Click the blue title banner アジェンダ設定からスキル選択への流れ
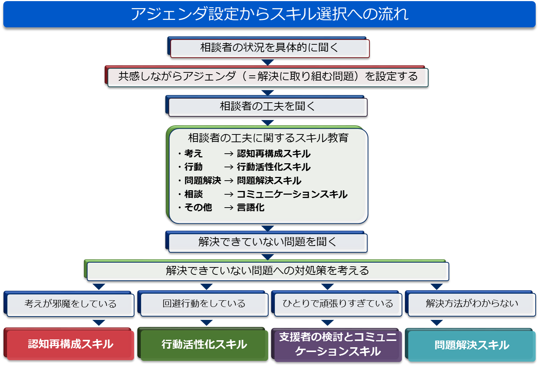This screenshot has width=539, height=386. point(269,14)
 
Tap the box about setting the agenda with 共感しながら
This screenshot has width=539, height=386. point(267,76)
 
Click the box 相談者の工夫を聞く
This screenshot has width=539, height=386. point(267,106)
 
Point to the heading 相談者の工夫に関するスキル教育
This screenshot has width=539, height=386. point(268,138)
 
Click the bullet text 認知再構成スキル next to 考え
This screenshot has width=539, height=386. point(274,154)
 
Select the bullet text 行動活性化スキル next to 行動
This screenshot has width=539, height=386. point(274,167)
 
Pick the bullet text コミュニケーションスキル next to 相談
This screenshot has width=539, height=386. point(292,194)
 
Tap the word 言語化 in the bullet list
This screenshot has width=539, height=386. point(251,207)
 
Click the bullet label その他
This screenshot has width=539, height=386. point(198,207)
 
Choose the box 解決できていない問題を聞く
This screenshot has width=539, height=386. point(267,242)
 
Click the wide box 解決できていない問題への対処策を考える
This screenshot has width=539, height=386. point(267,270)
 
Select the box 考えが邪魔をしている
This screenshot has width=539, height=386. point(69,304)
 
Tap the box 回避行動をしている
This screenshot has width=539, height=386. point(203,303)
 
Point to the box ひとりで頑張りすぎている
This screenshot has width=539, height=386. point(337,303)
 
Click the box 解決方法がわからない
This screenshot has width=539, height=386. point(470,303)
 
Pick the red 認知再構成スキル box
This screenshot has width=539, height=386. point(69,344)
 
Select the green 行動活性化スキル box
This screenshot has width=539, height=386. point(203,344)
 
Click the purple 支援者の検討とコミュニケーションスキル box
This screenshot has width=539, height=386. point(337,345)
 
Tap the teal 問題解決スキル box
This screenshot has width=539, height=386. point(470,345)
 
